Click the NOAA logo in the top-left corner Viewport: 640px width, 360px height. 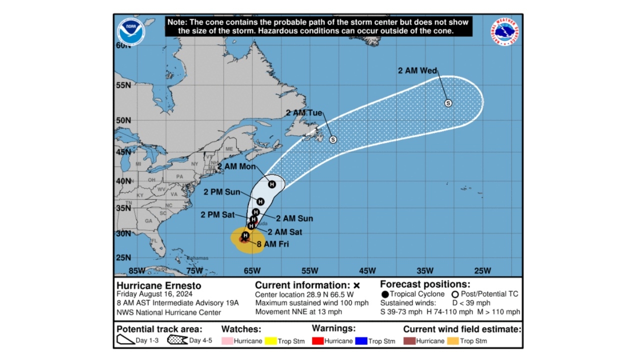point(131,31)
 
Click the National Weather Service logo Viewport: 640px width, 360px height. point(504,31)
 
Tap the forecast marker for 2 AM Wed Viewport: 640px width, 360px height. point(448,103)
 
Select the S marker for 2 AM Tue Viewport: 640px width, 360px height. point(333,139)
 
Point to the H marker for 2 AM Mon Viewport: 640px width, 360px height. point(271,184)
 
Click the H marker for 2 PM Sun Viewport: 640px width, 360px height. point(260,201)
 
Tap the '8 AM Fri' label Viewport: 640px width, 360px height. point(272,244)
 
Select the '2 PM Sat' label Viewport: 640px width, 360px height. point(217,215)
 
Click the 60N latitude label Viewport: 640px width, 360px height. point(123,45)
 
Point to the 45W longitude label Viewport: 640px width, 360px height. point(367,271)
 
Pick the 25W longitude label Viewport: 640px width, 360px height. point(482,271)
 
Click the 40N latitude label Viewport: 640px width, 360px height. point(123,180)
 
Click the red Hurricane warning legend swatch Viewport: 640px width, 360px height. point(317,341)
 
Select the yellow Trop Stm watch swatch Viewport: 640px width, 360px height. point(270,341)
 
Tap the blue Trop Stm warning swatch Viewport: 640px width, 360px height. point(361,341)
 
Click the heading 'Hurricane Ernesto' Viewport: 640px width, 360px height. point(159,286)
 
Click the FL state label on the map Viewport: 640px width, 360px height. point(154,241)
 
